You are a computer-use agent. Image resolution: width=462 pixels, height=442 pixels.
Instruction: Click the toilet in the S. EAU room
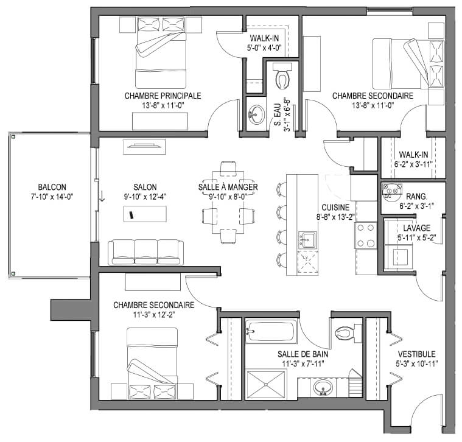282,75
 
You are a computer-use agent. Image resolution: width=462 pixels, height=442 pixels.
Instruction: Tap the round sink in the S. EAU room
256,114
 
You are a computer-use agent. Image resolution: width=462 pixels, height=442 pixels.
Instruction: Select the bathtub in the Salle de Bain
271,332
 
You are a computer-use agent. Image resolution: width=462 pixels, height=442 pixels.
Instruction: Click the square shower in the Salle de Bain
266,385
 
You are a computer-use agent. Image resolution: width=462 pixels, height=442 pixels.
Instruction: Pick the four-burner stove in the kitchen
366,235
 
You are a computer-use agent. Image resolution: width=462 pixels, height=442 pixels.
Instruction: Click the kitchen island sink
307,240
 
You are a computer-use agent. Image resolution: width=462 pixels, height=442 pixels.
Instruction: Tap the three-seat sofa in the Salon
145,252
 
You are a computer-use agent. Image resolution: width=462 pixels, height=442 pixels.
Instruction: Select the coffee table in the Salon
145,214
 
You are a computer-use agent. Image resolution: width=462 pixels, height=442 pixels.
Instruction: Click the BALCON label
52,187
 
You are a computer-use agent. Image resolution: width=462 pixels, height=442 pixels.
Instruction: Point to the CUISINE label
335,208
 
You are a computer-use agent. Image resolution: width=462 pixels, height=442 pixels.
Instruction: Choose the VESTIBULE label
416,354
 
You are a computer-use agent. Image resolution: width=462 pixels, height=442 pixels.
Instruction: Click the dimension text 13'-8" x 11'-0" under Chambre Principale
163,105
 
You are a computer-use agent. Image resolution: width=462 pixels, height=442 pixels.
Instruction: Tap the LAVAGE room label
416,228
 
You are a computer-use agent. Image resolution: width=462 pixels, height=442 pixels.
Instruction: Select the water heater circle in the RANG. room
392,190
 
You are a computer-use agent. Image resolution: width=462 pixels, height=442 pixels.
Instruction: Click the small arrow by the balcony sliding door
102,196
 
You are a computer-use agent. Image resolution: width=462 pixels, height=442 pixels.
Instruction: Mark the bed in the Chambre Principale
161,52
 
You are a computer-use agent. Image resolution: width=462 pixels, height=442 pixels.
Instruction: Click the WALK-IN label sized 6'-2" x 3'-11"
414,155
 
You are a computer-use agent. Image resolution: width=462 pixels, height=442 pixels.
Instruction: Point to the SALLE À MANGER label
228,187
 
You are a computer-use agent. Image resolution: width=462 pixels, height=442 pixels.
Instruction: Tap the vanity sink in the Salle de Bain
323,388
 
